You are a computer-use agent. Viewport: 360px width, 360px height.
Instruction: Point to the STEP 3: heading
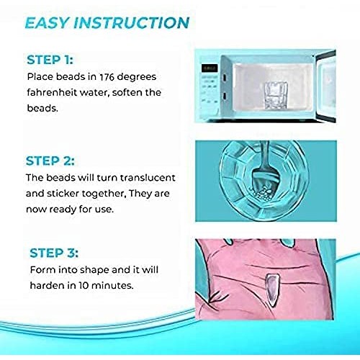[x=56, y=253]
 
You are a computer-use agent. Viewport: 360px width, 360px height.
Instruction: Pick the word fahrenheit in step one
[x=55, y=92]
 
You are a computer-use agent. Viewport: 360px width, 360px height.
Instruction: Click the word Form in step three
[x=42, y=271]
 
